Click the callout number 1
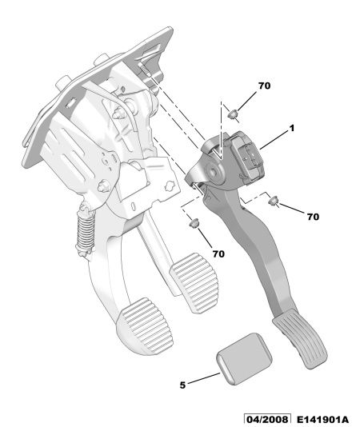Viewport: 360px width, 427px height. (291, 128)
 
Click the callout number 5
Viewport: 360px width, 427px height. (182, 385)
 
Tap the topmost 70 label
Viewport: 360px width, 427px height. (264, 86)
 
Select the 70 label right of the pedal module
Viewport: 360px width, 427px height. (313, 217)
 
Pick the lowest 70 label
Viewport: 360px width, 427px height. (218, 253)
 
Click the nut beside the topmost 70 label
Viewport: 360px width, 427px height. (233, 114)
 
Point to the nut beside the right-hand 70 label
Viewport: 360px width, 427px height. (273, 201)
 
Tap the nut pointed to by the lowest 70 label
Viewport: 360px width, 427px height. (194, 223)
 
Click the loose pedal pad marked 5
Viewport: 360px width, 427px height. (244, 358)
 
